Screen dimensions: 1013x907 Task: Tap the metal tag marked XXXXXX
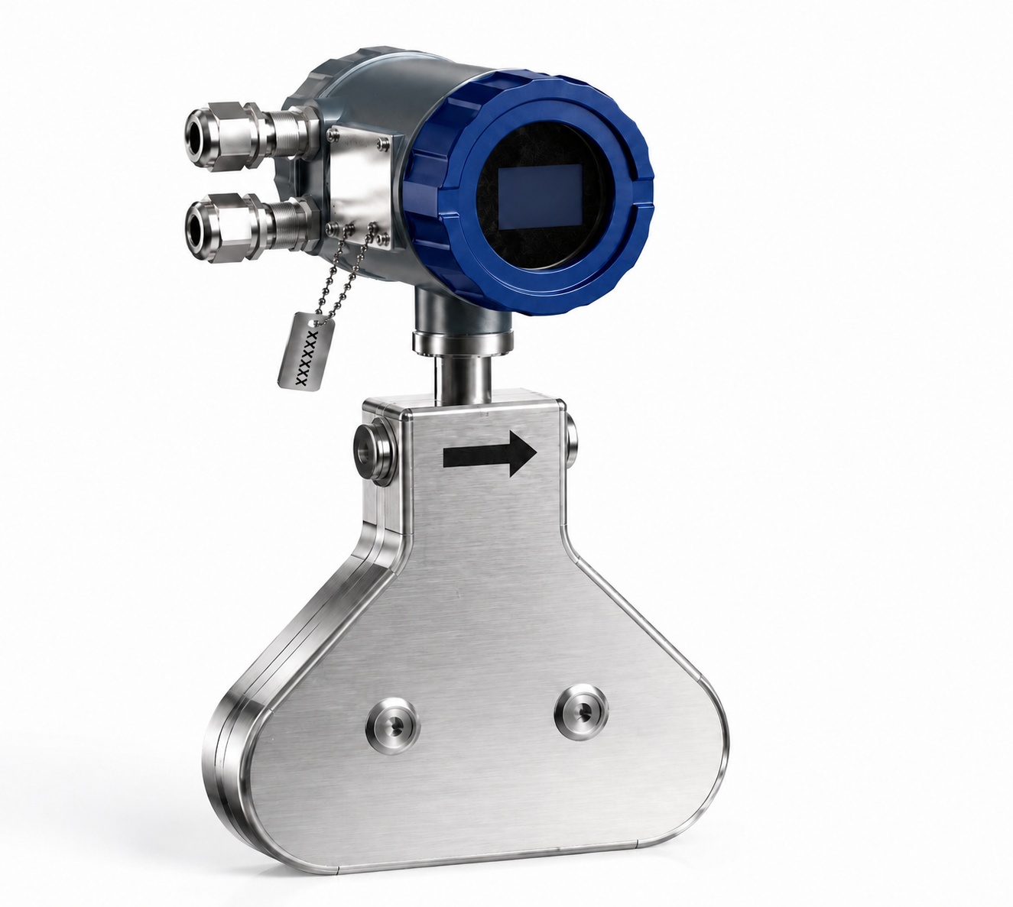[x=306, y=351]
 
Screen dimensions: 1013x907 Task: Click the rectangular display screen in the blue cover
[x=540, y=197]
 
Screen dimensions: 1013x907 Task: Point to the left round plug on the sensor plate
[x=392, y=724]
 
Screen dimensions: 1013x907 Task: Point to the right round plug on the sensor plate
[x=582, y=711]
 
